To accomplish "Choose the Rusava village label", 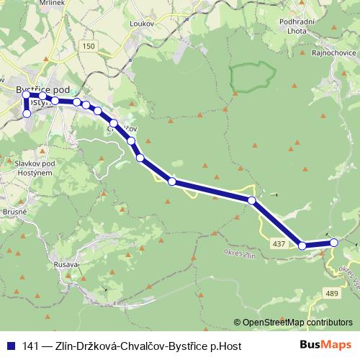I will [x=66, y=265].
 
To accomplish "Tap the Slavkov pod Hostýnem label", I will [x=30, y=168].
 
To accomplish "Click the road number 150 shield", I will [x=89, y=46].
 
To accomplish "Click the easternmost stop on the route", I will [x=333, y=243].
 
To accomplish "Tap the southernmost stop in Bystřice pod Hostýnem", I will [x=27, y=113].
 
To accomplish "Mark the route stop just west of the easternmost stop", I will [x=302, y=246].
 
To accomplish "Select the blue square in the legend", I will [x=11, y=345].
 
